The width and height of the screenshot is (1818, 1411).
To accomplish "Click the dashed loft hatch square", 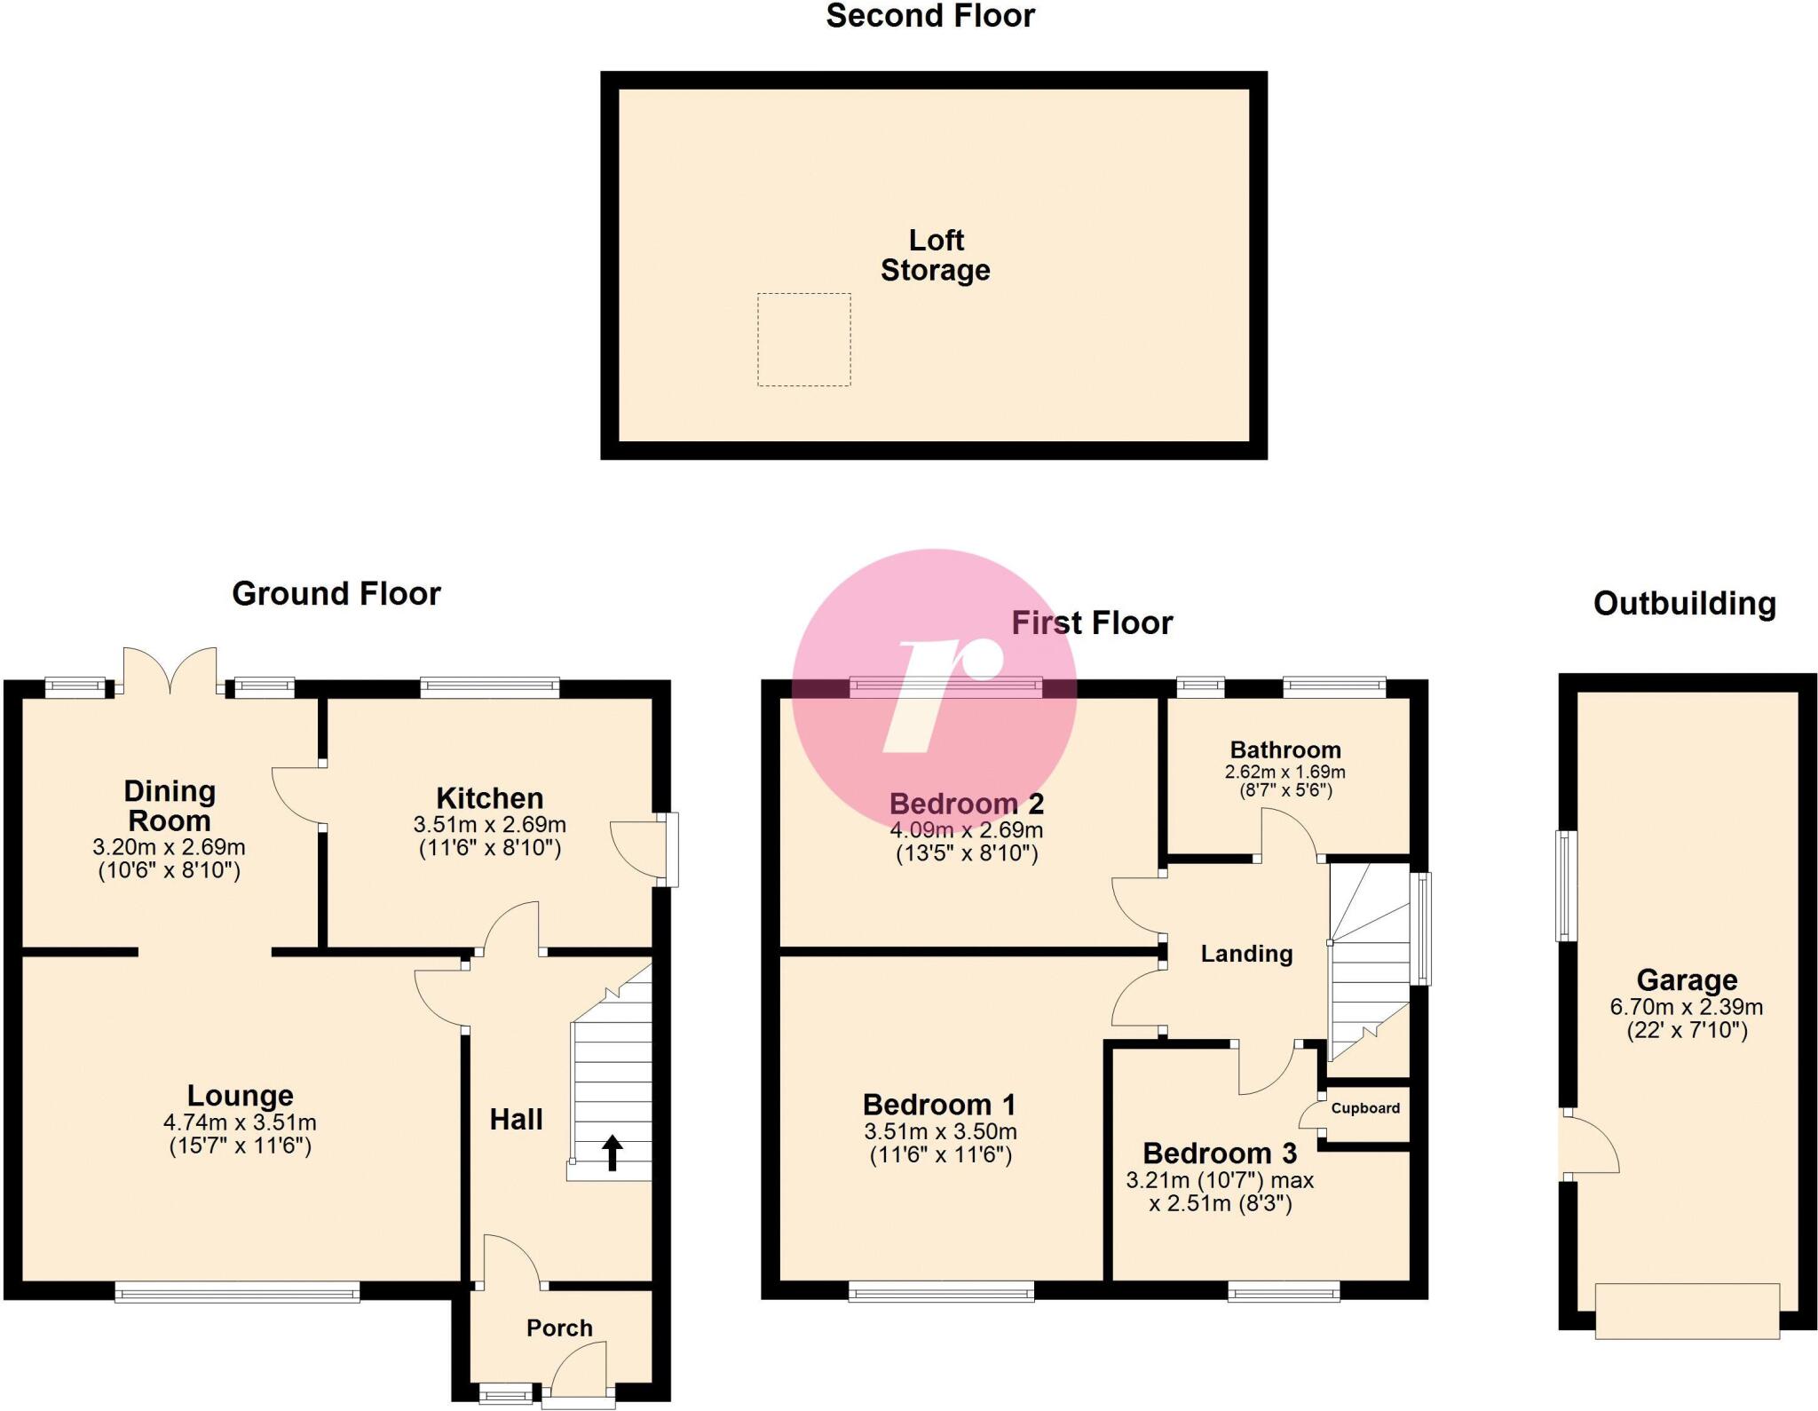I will [x=803, y=339].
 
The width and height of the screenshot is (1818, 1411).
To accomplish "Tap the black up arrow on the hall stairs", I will [x=613, y=1152].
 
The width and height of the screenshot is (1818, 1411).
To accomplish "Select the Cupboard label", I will [x=1364, y=1108].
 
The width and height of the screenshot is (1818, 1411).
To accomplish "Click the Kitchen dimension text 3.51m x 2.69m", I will [x=489, y=825].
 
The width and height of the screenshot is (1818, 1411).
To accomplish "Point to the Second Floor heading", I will [x=930, y=16].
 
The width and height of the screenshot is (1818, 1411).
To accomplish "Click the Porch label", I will [x=559, y=1328].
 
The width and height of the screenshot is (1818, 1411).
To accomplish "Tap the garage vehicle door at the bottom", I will [x=1687, y=1311].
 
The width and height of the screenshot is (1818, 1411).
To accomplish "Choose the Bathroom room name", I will [x=1284, y=749].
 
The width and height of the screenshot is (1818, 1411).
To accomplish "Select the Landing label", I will [x=1246, y=954].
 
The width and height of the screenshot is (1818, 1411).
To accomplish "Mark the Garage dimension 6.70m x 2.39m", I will [x=1686, y=1007].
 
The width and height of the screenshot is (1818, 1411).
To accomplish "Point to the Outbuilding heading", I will [x=1684, y=604].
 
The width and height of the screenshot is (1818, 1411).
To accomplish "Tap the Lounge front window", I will [x=237, y=1292].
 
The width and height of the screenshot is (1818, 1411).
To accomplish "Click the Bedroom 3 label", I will [x=1219, y=1153].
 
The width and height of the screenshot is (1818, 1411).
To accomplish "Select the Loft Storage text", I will [x=935, y=255].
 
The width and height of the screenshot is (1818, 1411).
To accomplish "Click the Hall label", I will [x=516, y=1120].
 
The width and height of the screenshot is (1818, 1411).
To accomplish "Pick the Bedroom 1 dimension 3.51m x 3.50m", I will [x=939, y=1132].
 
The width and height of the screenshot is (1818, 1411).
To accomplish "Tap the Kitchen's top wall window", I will [x=490, y=686].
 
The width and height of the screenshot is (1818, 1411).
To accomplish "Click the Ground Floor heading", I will [x=336, y=594].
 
